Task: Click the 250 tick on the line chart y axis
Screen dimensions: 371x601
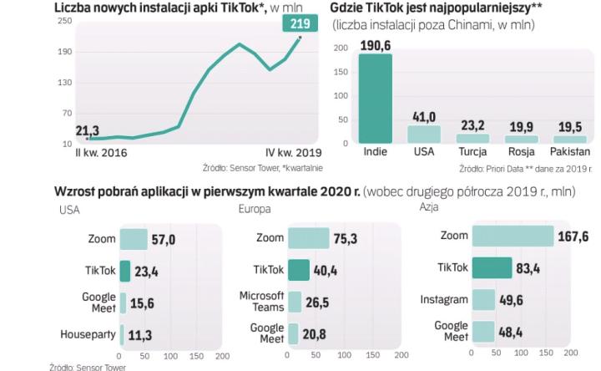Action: (64, 21)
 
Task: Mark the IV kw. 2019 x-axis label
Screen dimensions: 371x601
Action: (293, 153)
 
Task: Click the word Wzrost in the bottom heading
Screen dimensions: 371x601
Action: (73, 190)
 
